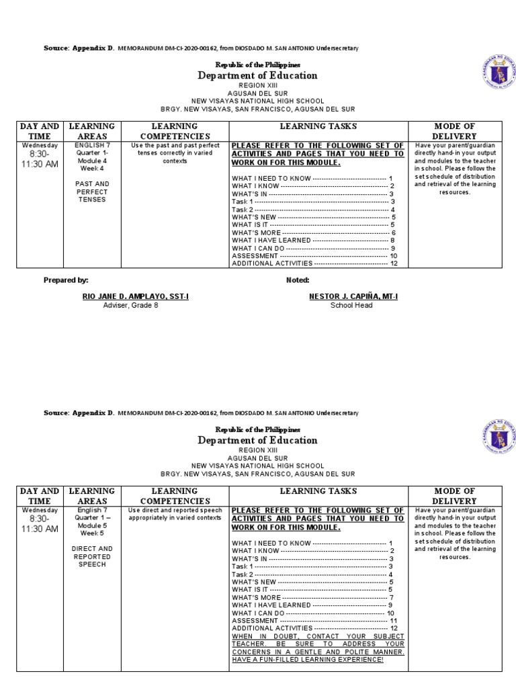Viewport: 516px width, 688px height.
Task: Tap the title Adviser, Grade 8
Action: [x=131, y=305]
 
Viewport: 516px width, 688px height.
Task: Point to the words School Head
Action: [x=351, y=305]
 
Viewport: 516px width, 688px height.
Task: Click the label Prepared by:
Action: [x=66, y=279]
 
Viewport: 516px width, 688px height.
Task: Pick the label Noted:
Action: [x=298, y=279]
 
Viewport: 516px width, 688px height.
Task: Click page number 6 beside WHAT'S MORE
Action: [x=394, y=232]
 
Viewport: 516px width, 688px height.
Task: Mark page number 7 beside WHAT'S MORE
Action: [x=391, y=597]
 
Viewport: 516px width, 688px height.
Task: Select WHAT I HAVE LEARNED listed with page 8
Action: [x=271, y=241]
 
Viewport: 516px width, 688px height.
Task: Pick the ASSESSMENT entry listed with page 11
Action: [x=255, y=621]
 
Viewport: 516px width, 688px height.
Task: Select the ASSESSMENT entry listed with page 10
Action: [x=255, y=256]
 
